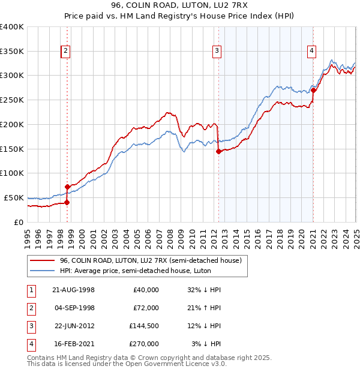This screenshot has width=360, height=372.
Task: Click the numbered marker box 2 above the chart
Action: tap(65, 52)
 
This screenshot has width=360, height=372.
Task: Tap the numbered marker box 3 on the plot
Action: tap(217, 52)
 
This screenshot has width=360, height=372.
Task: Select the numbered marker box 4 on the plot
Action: tap(312, 52)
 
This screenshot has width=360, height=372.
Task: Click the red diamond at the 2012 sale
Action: tap(218, 151)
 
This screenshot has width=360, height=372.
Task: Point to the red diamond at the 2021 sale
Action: tap(314, 90)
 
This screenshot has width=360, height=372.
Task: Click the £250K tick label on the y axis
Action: tap(12, 100)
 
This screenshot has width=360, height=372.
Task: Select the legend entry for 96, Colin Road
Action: tap(150, 260)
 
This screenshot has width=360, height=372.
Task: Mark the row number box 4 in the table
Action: tap(30, 344)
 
